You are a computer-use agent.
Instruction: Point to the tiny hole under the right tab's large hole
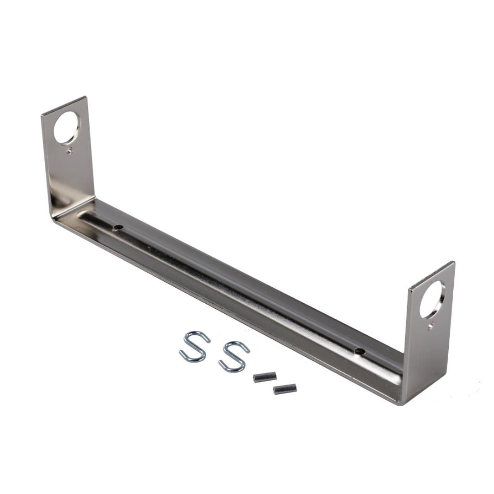tap(430, 326)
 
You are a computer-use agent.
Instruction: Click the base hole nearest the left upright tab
tap(118, 226)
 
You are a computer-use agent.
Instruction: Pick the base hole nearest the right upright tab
tap(359, 351)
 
